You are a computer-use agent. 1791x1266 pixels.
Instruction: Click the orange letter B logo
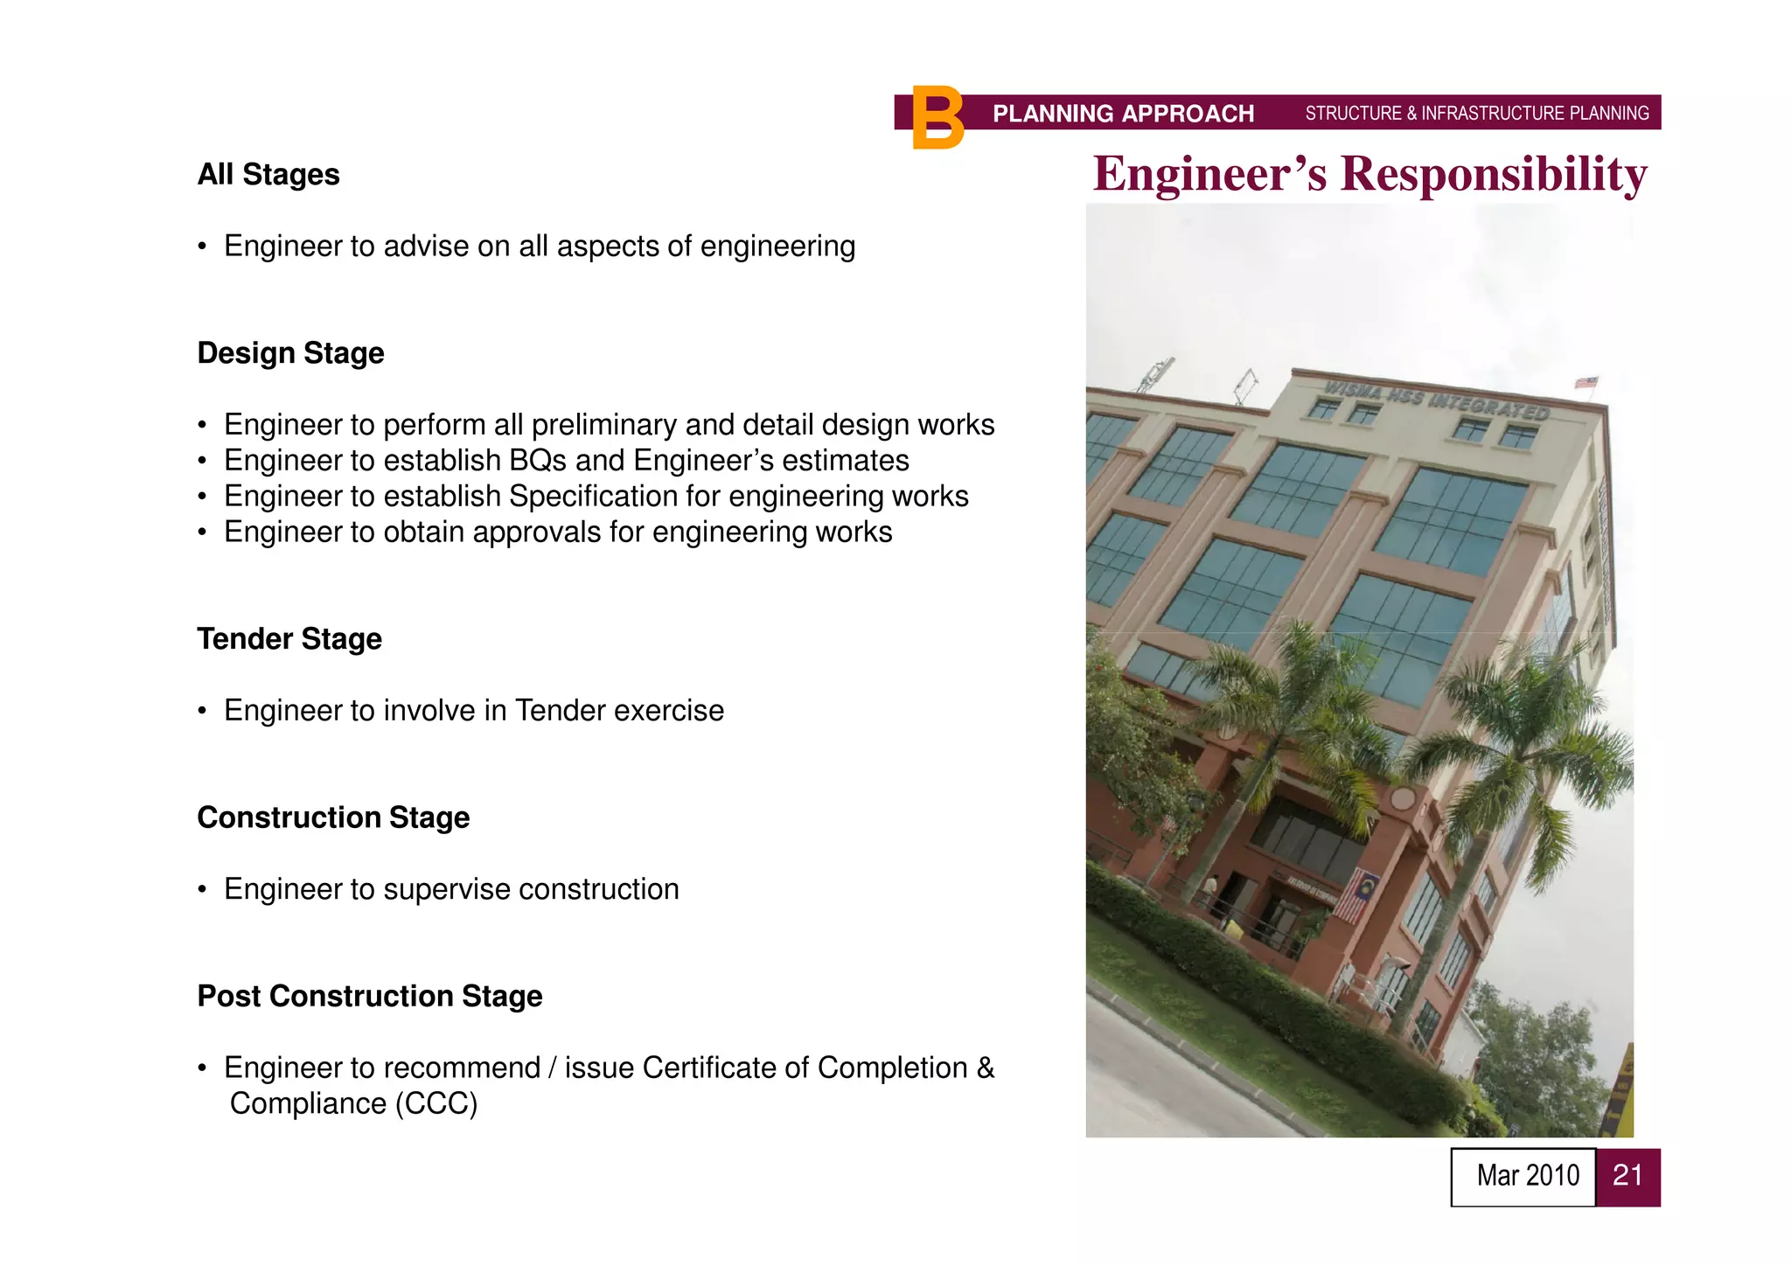[937, 118]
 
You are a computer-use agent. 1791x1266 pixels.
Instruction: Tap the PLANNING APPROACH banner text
[1123, 114]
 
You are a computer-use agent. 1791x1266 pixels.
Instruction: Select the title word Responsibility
[1494, 173]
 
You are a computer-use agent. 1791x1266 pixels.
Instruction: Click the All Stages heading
[268, 174]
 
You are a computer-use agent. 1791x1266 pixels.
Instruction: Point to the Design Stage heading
[290, 353]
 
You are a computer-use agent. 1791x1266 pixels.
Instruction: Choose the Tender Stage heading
[289, 639]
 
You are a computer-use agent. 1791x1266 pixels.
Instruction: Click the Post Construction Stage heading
[370, 996]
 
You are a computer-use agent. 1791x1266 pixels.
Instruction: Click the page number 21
[1627, 1176]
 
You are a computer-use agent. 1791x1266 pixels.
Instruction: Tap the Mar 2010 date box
[1527, 1176]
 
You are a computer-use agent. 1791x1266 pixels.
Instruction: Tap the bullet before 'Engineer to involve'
[202, 712]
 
